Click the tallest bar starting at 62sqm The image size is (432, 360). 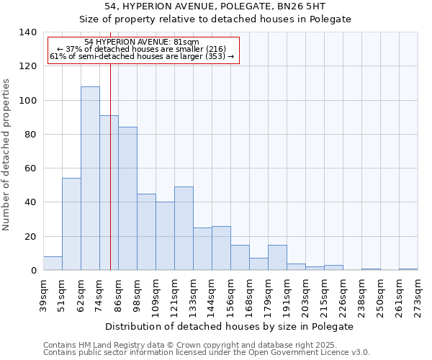pyautogui.click(x=90, y=179)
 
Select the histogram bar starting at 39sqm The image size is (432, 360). pyautogui.click(x=53, y=264)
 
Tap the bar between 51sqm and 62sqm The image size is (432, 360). pyautogui.click(x=71, y=224)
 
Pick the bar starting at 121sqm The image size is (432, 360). pyautogui.click(x=184, y=228)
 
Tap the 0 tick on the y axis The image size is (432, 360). pyautogui.click(x=33, y=271)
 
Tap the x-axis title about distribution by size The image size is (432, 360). pyautogui.click(x=235, y=326)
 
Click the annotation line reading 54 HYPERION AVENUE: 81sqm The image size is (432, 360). pyautogui.click(x=141, y=42)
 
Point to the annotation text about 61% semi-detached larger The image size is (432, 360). pyautogui.click(x=141, y=56)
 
